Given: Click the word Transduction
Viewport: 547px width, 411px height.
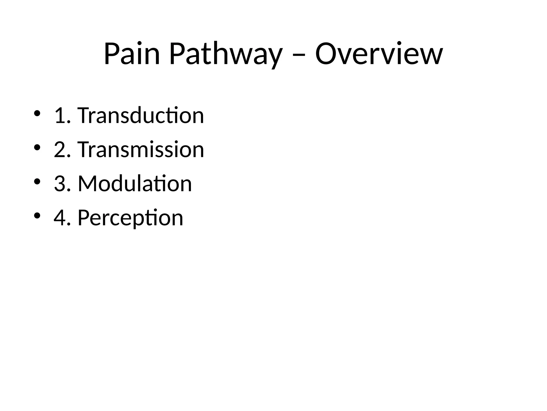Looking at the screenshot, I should click(141, 116).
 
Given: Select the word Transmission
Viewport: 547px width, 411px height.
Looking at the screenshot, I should click(141, 150).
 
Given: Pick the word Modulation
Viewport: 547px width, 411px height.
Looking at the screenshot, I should click(135, 184).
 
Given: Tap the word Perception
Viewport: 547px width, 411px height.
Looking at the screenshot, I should click(130, 218).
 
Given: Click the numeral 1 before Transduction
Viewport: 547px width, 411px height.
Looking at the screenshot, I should click(59, 116).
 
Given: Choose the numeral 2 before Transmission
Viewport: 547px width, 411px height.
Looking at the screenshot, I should click(59, 150).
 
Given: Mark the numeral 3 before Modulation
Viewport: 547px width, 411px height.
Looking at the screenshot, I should click(59, 184).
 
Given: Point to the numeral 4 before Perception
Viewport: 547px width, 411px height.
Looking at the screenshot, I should click(59, 218).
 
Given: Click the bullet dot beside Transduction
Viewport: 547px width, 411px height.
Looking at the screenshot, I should click(37, 113).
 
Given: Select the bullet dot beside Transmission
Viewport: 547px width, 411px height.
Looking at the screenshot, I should click(37, 147).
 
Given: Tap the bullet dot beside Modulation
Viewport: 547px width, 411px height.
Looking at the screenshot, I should click(37, 181).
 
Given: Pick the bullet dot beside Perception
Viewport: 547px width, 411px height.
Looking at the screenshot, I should click(37, 215).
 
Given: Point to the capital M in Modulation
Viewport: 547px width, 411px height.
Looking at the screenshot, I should click(87, 184).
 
